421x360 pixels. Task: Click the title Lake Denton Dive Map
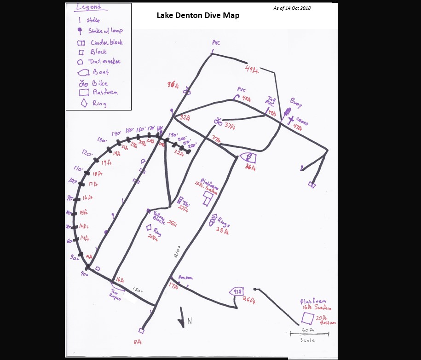(198, 15)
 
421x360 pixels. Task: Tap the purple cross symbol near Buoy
(291, 121)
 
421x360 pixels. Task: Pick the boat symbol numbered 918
(237, 291)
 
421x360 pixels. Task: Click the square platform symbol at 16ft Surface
(307, 318)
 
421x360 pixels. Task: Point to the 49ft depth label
(252, 70)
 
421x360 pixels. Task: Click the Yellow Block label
(159, 216)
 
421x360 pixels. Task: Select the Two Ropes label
(115, 296)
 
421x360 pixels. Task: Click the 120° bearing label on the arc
(87, 153)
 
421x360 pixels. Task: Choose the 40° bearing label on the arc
(84, 274)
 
